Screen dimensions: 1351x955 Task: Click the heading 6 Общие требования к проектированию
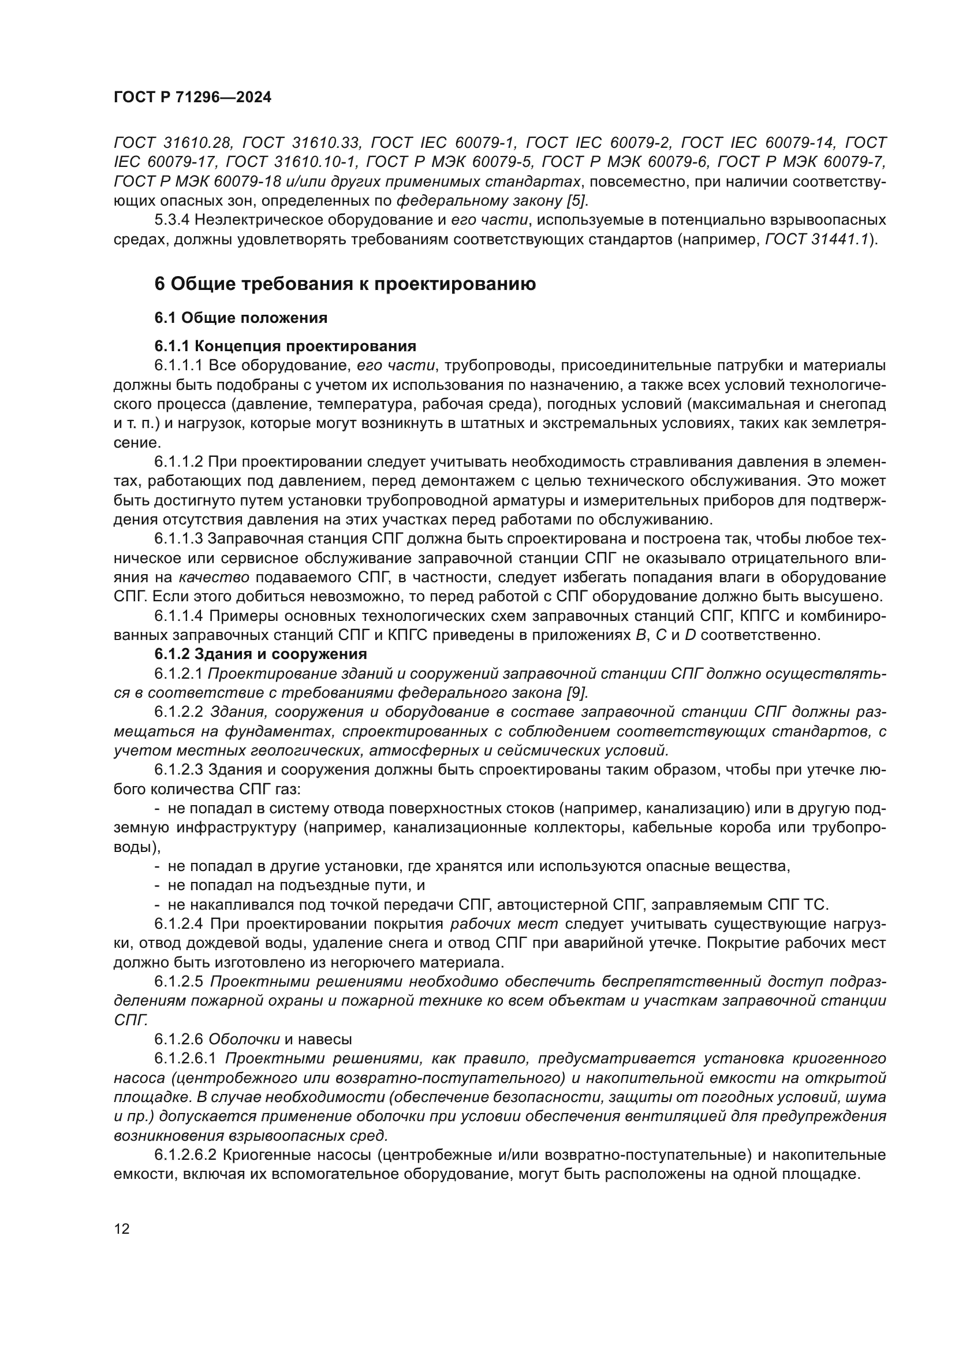coord(345,284)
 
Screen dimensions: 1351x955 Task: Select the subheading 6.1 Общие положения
coord(241,318)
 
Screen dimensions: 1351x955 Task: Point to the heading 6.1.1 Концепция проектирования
coord(285,346)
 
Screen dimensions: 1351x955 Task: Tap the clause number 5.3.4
coord(171,221)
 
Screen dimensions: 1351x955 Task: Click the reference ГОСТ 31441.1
coord(818,240)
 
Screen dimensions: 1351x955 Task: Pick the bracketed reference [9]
coord(576,693)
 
